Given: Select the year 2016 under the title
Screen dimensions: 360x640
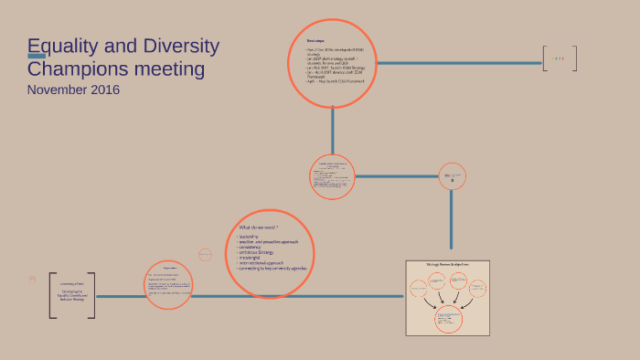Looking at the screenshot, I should coord(103,90).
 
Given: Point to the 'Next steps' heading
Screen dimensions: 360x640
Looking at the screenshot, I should coord(315,41).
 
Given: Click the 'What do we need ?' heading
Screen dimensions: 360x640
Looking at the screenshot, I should coord(258,227).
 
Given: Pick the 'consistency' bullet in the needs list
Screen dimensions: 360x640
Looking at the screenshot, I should coord(253,247).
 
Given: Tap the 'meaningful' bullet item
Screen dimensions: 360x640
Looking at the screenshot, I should coord(253,258).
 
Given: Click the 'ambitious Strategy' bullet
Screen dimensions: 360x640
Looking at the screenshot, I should coord(259,252).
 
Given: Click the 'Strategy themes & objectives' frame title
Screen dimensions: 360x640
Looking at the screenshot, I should coord(448,264).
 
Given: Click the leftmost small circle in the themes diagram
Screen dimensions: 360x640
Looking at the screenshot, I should coord(419,289).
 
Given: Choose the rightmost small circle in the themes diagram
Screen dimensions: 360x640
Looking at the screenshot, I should coord(477,289).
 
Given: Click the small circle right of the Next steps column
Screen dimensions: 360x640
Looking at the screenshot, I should coord(453,176).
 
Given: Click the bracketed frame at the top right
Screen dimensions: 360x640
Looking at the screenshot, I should coord(559,59).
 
